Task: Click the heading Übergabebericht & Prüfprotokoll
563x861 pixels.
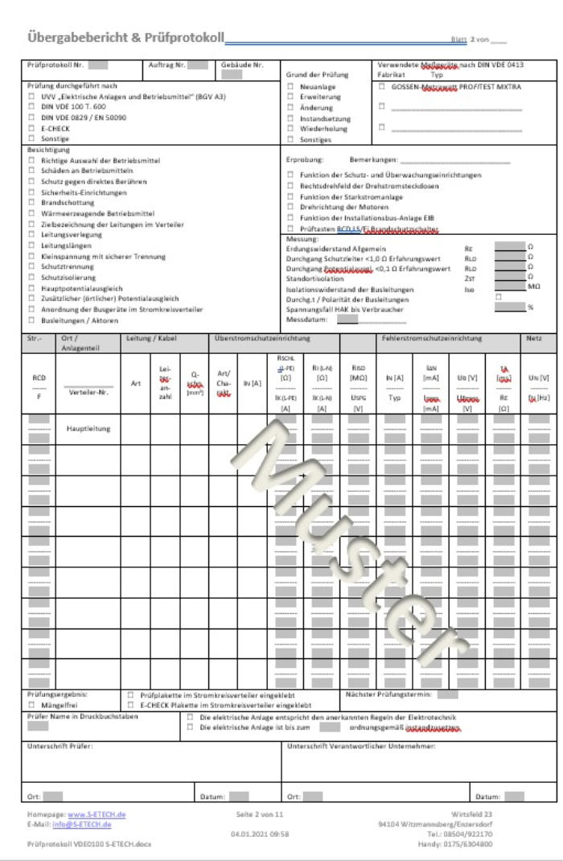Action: (125, 38)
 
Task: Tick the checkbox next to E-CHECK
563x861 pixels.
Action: (31, 128)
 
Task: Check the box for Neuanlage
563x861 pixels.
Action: (291, 86)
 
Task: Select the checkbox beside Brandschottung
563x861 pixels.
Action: (31, 204)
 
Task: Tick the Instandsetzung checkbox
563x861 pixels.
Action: (291, 117)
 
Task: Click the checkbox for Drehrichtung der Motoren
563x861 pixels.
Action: (291, 207)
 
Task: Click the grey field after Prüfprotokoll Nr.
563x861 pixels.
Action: (98, 65)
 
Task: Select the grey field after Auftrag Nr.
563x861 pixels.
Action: (198, 65)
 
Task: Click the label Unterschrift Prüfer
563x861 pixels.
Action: (60, 746)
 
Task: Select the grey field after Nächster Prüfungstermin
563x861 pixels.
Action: (447, 694)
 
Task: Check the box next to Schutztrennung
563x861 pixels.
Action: (31, 266)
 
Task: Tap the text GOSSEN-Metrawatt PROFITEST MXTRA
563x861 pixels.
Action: (456, 86)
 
